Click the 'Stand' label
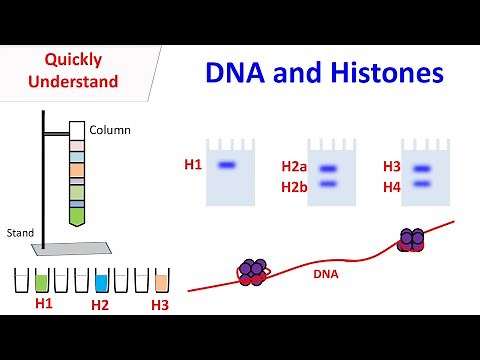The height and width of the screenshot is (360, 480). [20, 232]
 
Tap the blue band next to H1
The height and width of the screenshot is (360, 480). [226, 165]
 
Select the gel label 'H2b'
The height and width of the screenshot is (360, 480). [294, 186]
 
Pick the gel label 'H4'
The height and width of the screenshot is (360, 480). [392, 186]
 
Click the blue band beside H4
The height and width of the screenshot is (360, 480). [421, 184]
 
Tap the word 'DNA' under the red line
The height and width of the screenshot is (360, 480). [326, 272]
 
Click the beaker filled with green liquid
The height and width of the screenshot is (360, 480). [42, 281]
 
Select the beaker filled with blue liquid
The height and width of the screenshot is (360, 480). [100, 281]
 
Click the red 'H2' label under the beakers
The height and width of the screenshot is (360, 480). [100, 305]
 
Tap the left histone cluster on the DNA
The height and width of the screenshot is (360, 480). [251, 273]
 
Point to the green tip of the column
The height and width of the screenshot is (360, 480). [77, 212]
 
